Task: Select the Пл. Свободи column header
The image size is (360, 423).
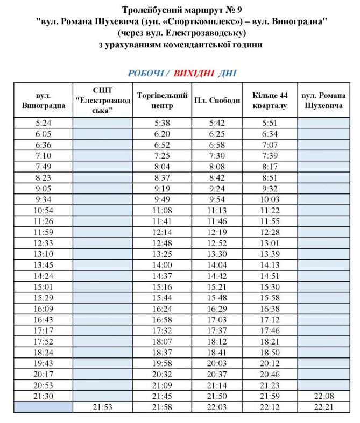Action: click(217, 100)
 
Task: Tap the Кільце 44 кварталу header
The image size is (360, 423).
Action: click(270, 100)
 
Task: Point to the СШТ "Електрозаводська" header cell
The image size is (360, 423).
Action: click(102, 100)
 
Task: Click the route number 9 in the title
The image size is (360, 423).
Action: click(239, 10)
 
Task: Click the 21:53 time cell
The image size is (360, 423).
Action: click(102, 407)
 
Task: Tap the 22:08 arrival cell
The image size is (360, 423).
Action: click(323, 396)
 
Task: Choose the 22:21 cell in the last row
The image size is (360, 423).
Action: click(323, 407)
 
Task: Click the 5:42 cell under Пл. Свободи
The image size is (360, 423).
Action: click(217, 123)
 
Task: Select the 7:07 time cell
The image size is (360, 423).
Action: click(270, 145)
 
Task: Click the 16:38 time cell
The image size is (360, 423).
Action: click(270, 309)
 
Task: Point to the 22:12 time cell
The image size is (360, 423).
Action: click(270, 407)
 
